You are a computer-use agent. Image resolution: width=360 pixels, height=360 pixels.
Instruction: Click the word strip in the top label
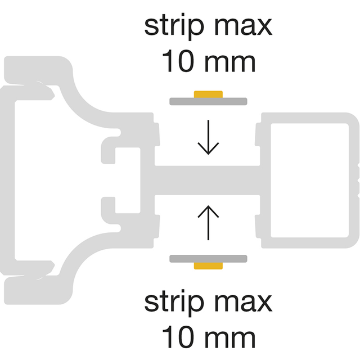click(x=174, y=26)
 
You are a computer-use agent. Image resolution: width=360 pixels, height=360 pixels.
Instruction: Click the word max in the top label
click(x=244, y=26)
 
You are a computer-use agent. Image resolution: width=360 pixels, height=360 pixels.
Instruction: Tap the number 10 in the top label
click(x=177, y=61)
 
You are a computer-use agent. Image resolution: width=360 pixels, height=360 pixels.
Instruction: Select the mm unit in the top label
click(x=229, y=64)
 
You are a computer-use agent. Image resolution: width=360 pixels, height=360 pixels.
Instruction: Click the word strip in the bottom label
click(x=174, y=303)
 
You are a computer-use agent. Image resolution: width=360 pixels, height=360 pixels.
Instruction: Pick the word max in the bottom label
click(x=244, y=303)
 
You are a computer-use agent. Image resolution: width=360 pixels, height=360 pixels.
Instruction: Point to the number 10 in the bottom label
click(x=177, y=337)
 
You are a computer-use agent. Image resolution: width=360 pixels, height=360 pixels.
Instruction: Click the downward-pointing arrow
click(x=208, y=137)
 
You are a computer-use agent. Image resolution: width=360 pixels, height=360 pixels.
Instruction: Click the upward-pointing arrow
click(x=208, y=223)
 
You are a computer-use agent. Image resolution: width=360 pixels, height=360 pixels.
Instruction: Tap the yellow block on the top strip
click(x=208, y=94)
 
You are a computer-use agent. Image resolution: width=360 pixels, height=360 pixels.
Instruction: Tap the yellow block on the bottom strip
click(x=208, y=265)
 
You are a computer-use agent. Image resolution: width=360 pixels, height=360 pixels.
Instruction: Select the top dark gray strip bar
click(x=208, y=101)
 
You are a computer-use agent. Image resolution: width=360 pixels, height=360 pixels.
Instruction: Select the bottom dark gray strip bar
click(x=208, y=259)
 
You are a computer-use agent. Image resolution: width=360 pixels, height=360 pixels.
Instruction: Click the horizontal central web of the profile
click(x=207, y=180)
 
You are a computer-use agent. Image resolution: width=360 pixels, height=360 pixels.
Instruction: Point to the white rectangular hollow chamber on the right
click(x=310, y=181)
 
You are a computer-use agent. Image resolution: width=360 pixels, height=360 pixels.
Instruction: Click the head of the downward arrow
click(x=208, y=148)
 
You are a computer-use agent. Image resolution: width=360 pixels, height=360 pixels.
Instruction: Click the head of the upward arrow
click(x=208, y=211)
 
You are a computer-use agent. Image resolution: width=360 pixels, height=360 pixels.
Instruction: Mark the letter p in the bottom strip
click(x=196, y=305)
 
